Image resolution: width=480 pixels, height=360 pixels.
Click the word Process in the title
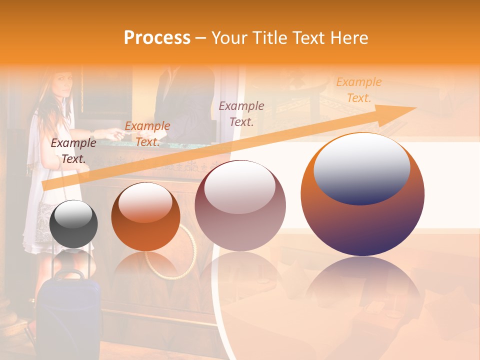(x=157, y=38)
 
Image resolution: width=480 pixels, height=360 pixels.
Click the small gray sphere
(x=74, y=224)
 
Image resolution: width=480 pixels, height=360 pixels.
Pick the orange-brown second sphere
(x=145, y=217)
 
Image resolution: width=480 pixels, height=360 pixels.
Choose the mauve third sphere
(x=240, y=206)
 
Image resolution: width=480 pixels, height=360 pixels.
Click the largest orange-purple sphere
(x=362, y=195)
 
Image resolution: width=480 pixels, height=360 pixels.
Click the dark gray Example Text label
(x=73, y=151)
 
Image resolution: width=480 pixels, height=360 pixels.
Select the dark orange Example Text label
(x=147, y=133)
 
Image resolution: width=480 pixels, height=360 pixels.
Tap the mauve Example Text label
(x=241, y=113)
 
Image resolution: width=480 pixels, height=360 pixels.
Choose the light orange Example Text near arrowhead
(x=358, y=89)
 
